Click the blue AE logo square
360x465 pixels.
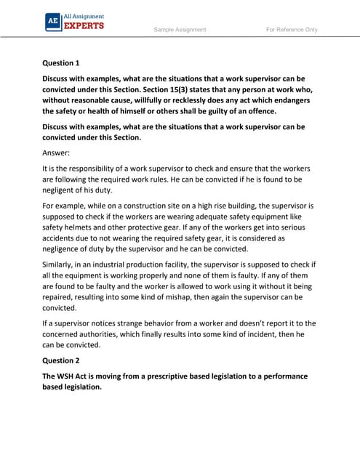point(52,22)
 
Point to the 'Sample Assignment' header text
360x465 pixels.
point(180,30)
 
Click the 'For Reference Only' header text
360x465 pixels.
point(292,30)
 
